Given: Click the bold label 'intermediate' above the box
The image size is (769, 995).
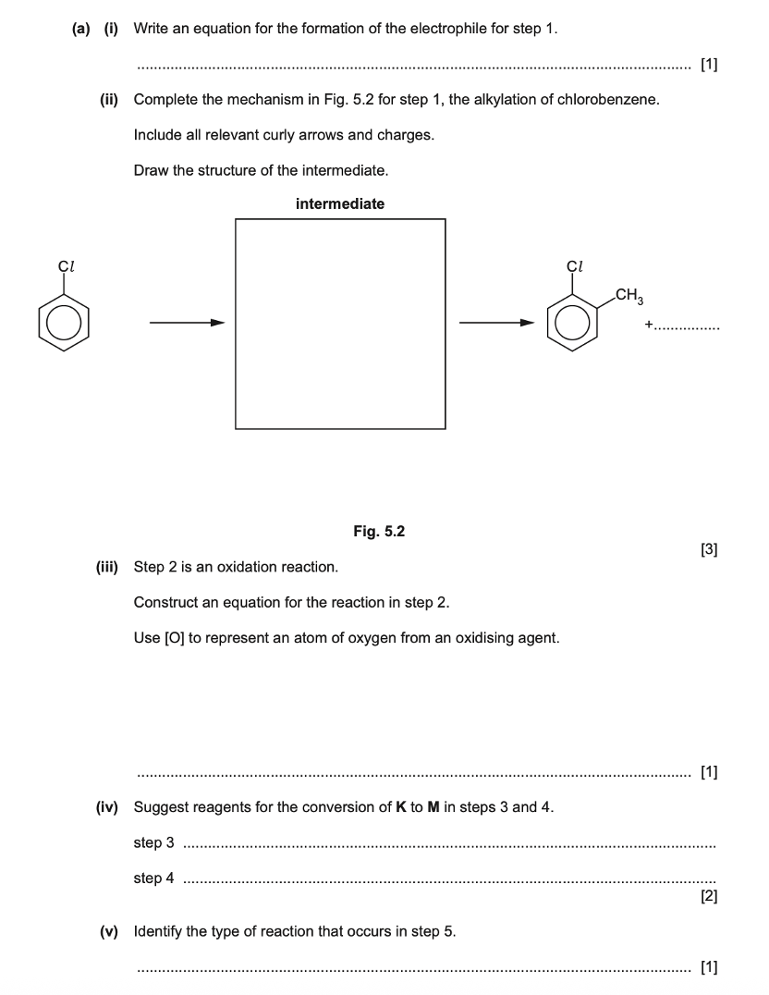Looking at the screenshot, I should click(340, 204).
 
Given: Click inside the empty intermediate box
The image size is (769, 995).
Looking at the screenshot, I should click(340, 324).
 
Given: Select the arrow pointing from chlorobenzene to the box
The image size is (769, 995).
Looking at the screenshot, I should click(187, 323).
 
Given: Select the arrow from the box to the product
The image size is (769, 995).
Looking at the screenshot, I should click(497, 323).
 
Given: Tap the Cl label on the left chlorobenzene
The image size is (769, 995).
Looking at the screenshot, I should click(66, 266).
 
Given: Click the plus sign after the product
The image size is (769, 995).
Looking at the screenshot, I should click(650, 325).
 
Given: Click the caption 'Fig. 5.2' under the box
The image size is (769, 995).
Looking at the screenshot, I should click(379, 531).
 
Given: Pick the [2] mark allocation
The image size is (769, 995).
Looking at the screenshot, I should click(709, 895).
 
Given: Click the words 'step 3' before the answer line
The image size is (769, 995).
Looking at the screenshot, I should click(153, 842).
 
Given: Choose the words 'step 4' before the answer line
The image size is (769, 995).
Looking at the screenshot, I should click(153, 878).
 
